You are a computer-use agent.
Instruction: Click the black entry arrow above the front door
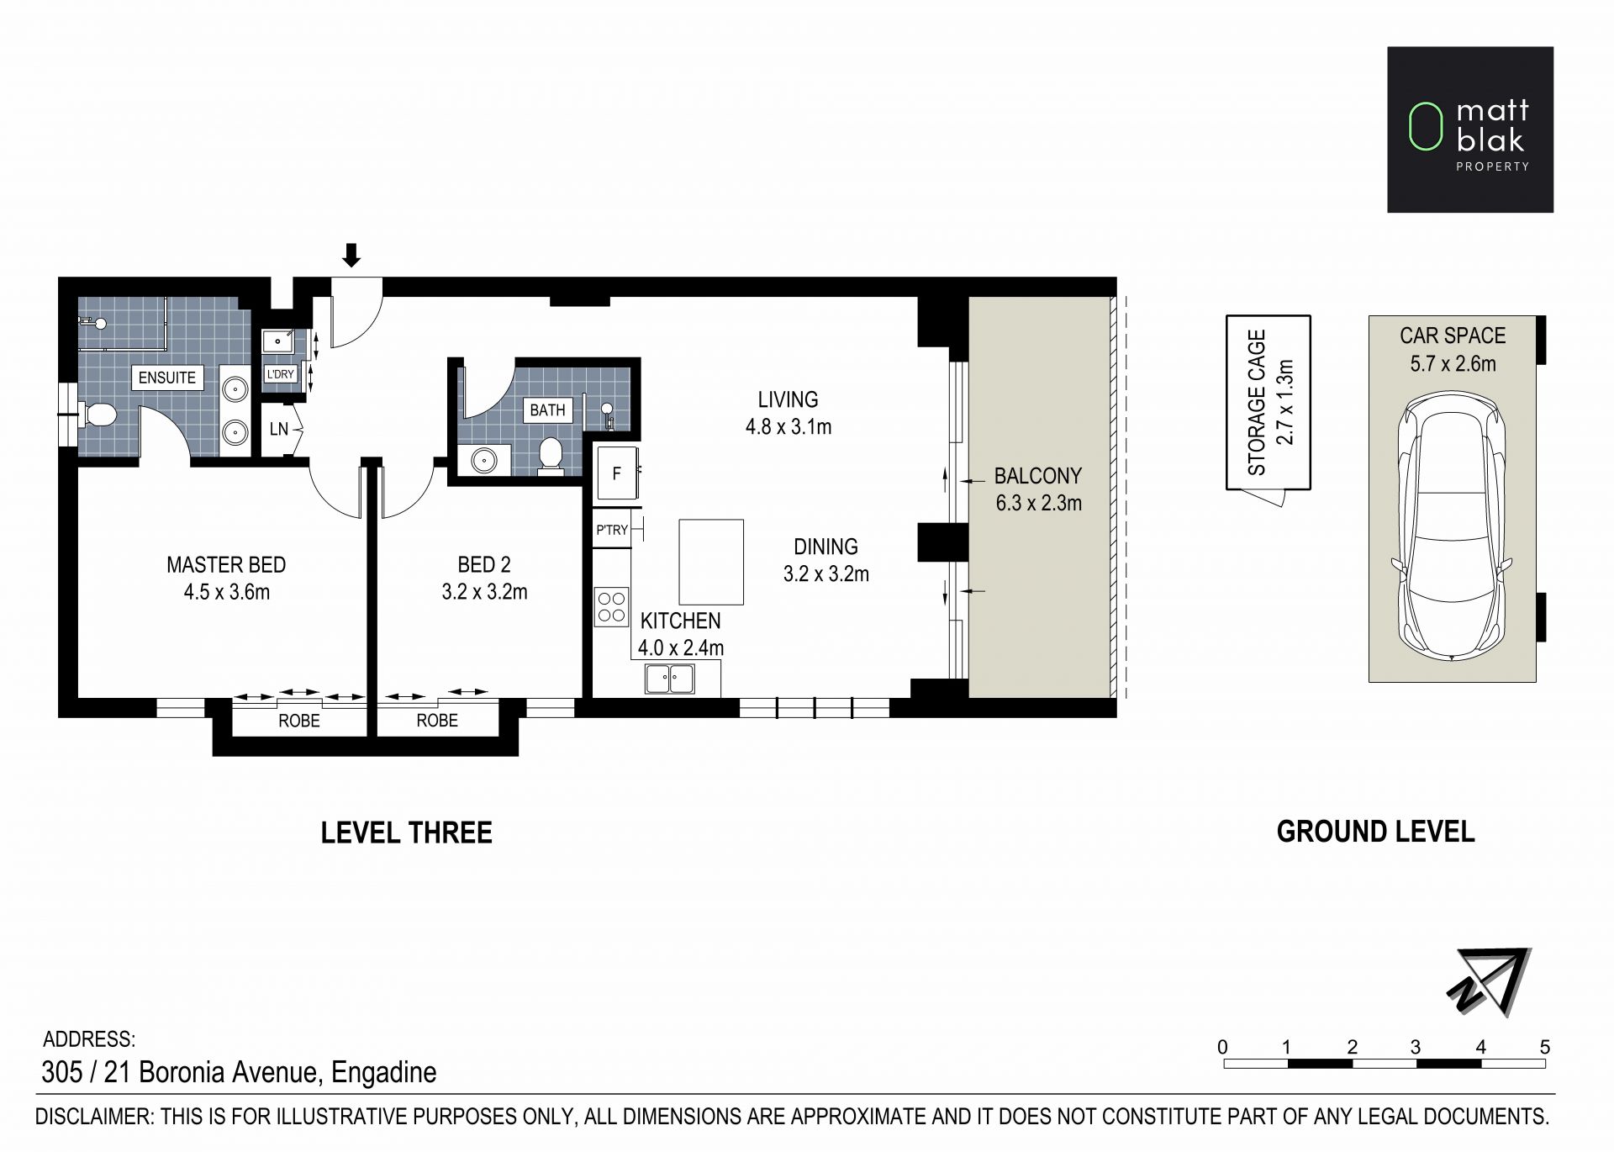(351, 255)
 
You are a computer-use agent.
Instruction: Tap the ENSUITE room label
(167, 378)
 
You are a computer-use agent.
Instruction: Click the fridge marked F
(616, 473)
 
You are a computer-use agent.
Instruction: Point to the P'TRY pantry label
(612, 530)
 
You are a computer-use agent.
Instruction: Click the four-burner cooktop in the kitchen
(612, 607)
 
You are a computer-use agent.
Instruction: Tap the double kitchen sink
(670, 679)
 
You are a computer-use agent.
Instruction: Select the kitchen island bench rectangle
(711, 562)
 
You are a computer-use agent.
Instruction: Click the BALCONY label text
(1037, 476)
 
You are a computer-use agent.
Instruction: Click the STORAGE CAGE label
(1257, 403)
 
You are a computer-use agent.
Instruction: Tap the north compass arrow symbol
(1490, 981)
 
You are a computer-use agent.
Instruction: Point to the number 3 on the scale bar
(1416, 1047)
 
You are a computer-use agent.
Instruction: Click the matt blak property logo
(1470, 129)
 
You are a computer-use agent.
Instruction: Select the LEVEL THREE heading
(407, 832)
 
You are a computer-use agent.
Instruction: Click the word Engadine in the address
(384, 1072)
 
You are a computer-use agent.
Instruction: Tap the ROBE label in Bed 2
(437, 721)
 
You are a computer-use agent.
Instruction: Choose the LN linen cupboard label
(279, 429)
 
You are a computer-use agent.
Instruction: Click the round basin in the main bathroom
(484, 460)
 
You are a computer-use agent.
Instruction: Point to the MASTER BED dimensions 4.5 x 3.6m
(227, 592)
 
